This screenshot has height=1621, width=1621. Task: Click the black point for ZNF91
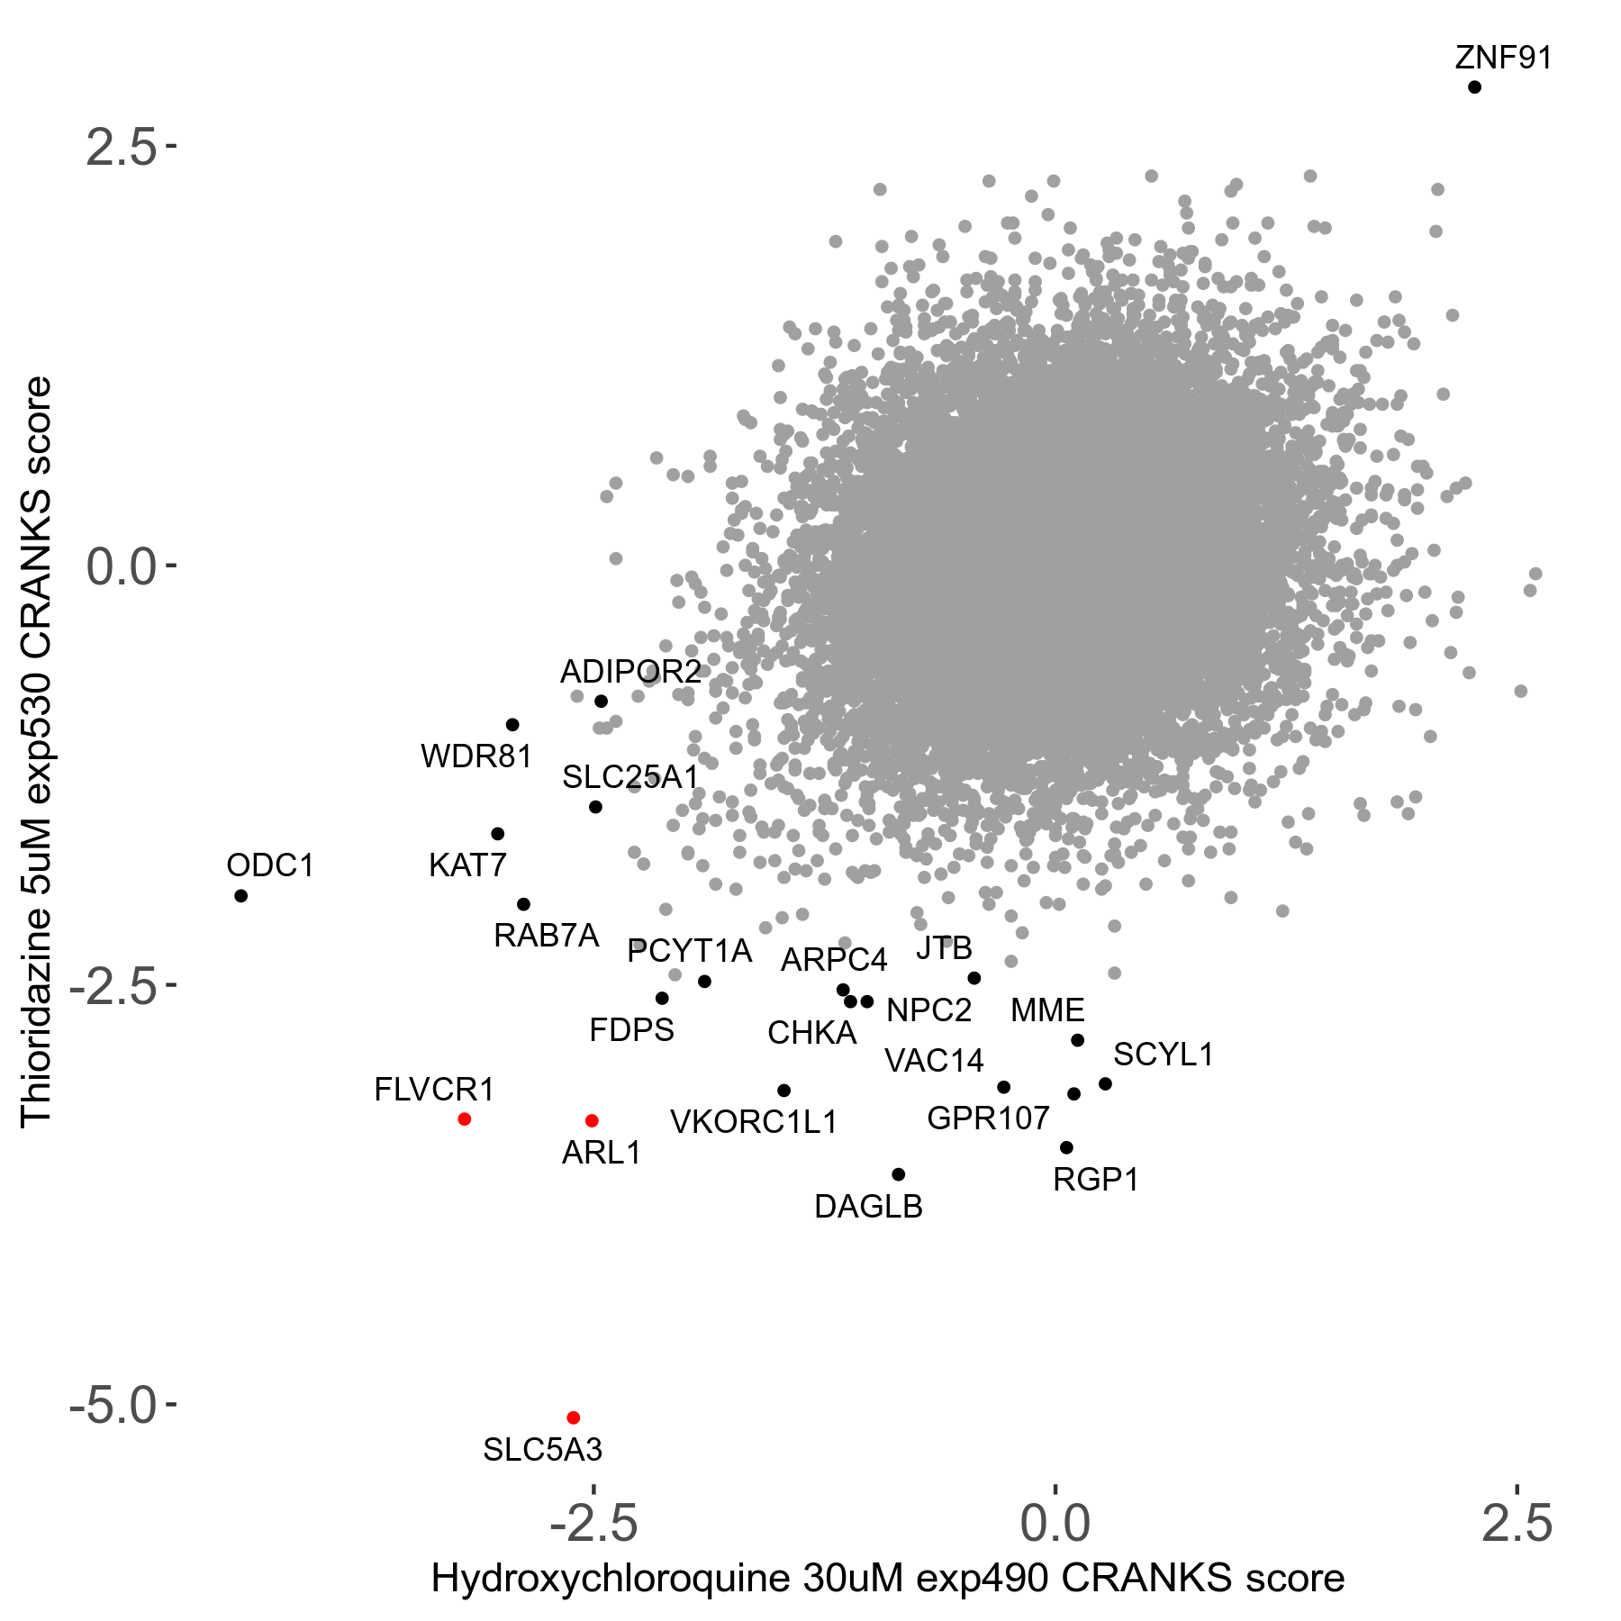coord(1474,87)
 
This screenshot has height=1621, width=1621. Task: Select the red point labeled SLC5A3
coord(573,1417)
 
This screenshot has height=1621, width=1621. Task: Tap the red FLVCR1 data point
coord(465,1119)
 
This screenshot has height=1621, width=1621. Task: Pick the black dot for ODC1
coord(240,895)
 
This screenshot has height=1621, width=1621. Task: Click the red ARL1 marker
coord(592,1121)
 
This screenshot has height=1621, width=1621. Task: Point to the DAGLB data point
coord(898,1174)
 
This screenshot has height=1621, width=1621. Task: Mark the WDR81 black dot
coord(512,725)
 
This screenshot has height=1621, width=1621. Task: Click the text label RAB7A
coord(546,937)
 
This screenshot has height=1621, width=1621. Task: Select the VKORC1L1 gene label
coord(754,1123)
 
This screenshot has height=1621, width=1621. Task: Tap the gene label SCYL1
coord(1164,1055)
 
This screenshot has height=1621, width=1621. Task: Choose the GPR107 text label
coord(988,1118)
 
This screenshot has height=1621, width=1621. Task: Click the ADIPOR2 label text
coord(630,672)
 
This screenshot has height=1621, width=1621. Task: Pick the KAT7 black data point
coord(497,834)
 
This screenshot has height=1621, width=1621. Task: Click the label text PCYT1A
coord(689,951)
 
